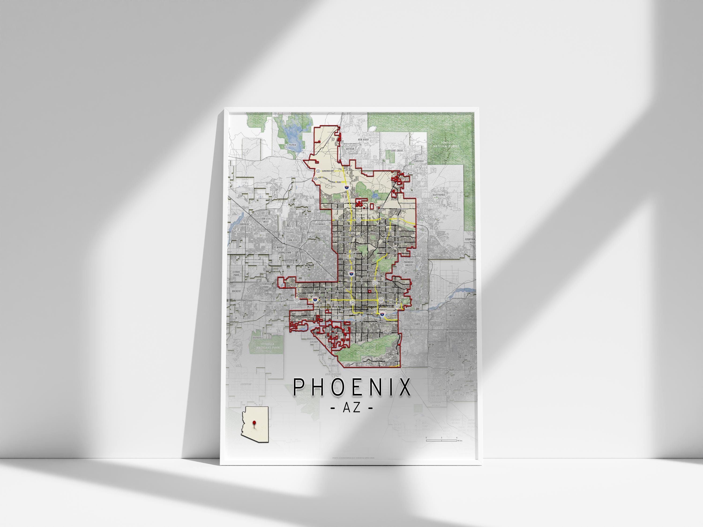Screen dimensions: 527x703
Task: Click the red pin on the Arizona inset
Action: [x=254, y=423]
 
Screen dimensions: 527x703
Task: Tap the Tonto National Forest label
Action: [x=446, y=145]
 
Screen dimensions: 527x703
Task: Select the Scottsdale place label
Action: [x=439, y=195]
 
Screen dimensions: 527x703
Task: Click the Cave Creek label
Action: [x=397, y=151]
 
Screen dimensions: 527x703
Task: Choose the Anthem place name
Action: [x=350, y=148]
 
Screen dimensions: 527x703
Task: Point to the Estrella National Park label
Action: [x=268, y=346]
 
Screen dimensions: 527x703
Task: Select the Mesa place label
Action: [x=452, y=315]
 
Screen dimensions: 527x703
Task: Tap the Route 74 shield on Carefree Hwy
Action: [x=318, y=171]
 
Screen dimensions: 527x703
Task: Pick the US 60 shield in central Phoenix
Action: [x=353, y=302]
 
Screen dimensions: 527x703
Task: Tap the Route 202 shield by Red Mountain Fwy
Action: [x=380, y=300]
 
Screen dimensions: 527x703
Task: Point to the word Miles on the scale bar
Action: [x=460, y=441]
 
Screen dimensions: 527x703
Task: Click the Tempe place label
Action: [x=417, y=324]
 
